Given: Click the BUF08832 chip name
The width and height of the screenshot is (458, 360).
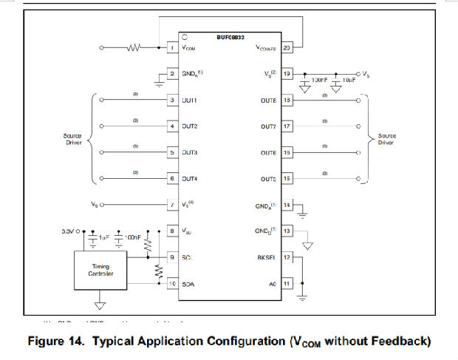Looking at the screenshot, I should [231, 38].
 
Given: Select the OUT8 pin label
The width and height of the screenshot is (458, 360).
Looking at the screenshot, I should [267, 100].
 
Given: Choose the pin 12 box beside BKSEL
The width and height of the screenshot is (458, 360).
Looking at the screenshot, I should [287, 257].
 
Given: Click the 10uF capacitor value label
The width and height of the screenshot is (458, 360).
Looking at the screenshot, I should [349, 79].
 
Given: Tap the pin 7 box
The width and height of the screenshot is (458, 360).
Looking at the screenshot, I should [171, 204].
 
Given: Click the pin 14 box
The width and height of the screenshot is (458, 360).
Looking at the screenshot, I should [287, 204].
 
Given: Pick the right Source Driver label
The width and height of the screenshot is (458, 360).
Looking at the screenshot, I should [386, 140].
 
